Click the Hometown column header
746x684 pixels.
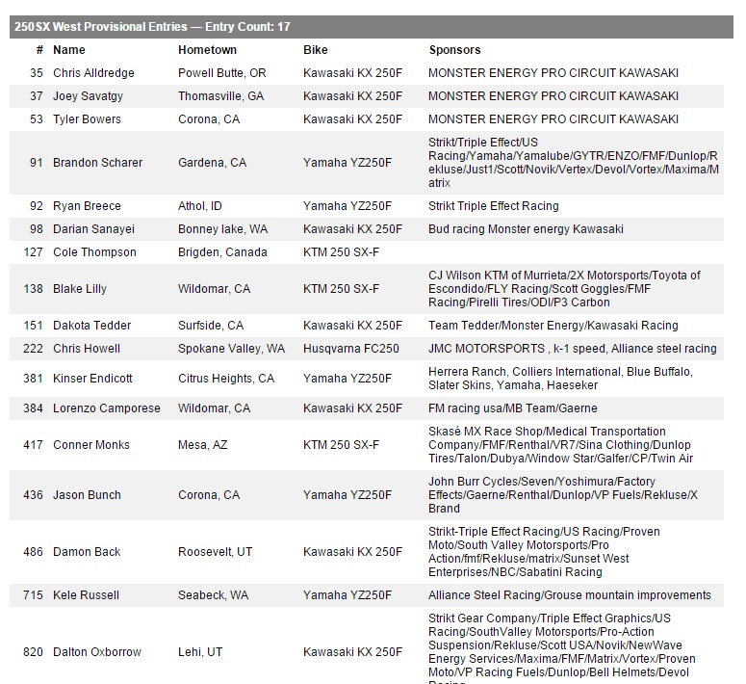click(x=207, y=50)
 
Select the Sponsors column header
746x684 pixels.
click(x=454, y=50)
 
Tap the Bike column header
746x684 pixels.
click(x=316, y=50)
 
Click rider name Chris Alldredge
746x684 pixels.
click(x=93, y=73)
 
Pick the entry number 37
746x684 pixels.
click(x=37, y=96)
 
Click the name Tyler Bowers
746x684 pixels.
click(x=87, y=119)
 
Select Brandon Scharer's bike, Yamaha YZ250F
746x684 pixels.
click(x=347, y=163)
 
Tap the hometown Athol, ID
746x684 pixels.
click(x=200, y=206)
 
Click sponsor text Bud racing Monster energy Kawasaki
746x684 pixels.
click(x=526, y=229)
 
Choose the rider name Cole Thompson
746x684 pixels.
click(x=94, y=252)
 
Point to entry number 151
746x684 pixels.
click(x=34, y=326)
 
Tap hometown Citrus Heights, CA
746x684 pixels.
click(x=226, y=379)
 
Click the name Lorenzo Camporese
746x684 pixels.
click(x=107, y=408)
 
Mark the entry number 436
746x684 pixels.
click(x=34, y=495)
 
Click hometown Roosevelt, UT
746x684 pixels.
click(x=216, y=552)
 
